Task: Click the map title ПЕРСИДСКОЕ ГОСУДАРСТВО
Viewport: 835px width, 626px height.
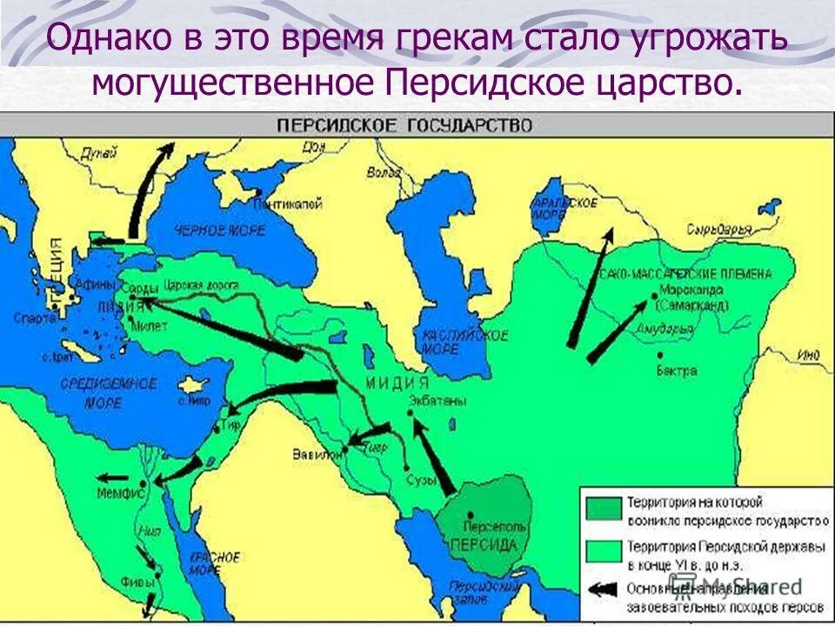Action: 404,125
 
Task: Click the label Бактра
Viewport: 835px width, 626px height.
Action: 678,370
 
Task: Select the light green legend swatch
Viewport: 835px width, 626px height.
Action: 603,551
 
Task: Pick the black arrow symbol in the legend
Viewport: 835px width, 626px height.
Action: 603,589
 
